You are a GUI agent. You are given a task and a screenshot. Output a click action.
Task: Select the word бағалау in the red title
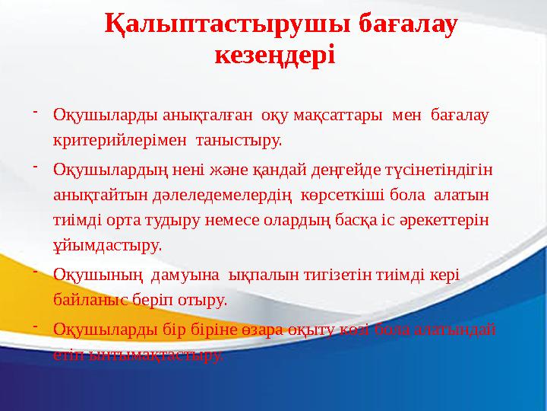407,25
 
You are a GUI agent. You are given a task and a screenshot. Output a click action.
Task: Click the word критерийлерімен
122,139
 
